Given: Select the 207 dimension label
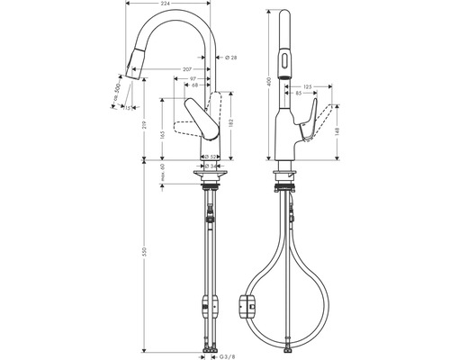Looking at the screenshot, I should point(186,68).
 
